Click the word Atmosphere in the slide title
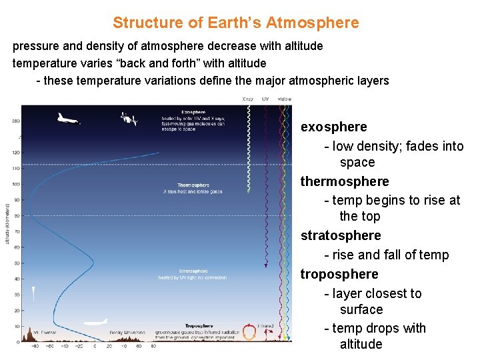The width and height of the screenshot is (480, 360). click(312, 23)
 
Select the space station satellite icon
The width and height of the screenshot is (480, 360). click(129, 119)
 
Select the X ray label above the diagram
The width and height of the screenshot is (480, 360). click(247, 99)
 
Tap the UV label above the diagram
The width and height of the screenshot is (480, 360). click(265, 99)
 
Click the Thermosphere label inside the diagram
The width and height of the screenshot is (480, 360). click(193, 185)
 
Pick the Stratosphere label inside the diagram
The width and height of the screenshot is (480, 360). click(193, 271)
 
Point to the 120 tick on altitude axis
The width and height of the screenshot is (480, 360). click(15, 153)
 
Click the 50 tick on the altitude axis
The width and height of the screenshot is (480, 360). click(16, 263)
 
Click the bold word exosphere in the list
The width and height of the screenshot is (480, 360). click(333, 127)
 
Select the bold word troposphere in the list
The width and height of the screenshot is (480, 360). click(339, 274)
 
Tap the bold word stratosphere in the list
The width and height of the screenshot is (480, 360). click(341, 235)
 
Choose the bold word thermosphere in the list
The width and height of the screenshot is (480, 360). click(345, 181)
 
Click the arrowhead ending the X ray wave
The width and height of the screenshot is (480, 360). click(248, 191)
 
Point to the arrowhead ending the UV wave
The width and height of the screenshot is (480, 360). click(266, 266)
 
